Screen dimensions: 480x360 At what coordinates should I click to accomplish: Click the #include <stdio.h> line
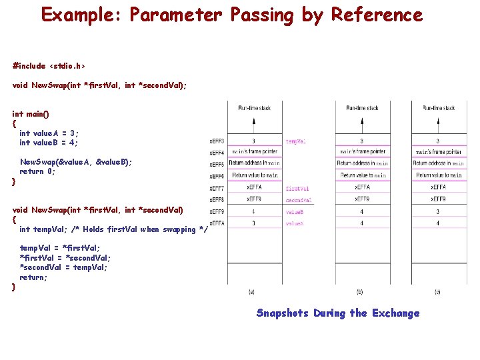(x=49, y=65)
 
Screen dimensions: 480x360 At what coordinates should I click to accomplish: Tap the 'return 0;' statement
(x=37, y=171)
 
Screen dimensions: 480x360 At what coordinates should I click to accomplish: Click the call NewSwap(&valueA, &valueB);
(x=76, y=162)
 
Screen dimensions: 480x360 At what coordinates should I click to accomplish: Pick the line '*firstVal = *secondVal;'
(x=65, y=258)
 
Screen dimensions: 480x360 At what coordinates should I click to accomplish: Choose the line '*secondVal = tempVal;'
(x=63, y=267)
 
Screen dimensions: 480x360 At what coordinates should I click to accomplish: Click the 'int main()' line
(x=31, y=114)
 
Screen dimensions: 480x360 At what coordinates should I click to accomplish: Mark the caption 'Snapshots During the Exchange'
(x=338, y=313)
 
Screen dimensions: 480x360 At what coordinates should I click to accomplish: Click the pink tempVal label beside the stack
(x=296, y=141)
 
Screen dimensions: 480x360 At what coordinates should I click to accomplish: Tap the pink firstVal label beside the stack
(x=297, y=189)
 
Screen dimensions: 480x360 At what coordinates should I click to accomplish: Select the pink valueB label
(x=295, y=212)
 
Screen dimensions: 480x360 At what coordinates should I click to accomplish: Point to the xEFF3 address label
(x=217, y=141)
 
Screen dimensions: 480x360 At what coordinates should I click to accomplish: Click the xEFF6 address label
(x=217, y=177)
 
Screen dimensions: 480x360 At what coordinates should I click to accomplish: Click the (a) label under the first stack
(x=251, y=291)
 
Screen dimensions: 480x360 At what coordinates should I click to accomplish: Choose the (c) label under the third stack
(x=437, y=291)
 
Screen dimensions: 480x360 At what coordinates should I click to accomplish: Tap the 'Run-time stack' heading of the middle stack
(x=362, y=108)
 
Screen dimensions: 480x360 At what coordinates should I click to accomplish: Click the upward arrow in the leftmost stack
(x=253, y=124)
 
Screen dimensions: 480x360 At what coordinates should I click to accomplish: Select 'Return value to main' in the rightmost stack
(x=438, y=175)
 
